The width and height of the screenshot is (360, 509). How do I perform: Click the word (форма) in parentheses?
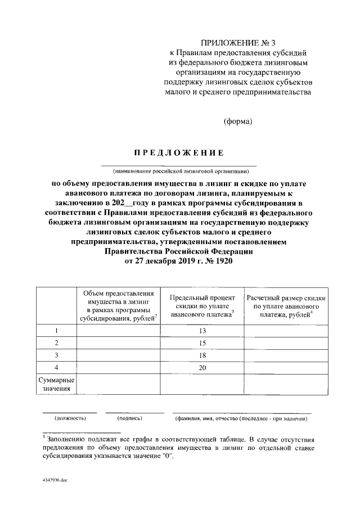238,121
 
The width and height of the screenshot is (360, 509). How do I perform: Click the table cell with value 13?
202,331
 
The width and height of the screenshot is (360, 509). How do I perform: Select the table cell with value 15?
202,343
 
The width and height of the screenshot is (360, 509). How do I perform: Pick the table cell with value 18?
202,355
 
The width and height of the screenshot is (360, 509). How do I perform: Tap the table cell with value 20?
202,367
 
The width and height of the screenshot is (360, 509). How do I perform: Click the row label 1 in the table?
56,331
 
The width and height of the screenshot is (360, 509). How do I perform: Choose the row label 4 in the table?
56,367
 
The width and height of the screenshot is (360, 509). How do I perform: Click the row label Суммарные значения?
56,384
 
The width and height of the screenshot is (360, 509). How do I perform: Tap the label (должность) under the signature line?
70,418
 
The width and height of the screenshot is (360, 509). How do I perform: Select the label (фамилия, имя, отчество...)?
242,418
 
